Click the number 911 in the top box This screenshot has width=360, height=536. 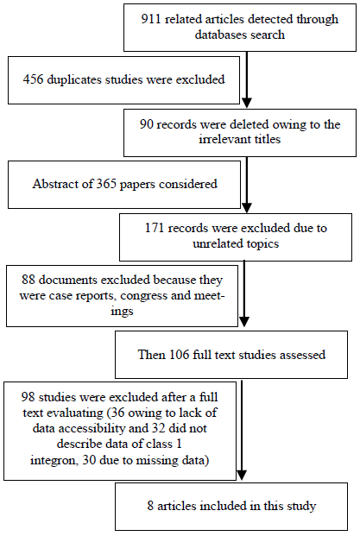point(151,19)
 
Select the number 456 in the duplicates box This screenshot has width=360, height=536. point(33,79)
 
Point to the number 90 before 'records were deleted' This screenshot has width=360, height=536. point(146,124)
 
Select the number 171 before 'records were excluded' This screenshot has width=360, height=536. point(155,228)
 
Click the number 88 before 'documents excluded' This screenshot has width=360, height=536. point(28,280)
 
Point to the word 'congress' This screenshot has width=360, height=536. point(143,296)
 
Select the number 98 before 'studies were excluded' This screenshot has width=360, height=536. point(28,397)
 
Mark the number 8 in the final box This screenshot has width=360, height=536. point(150,506)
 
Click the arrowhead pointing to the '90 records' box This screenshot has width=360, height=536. point(247,103)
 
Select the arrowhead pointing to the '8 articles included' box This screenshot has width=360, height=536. point(242,476)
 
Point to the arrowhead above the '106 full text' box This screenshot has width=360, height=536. point(243,322)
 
